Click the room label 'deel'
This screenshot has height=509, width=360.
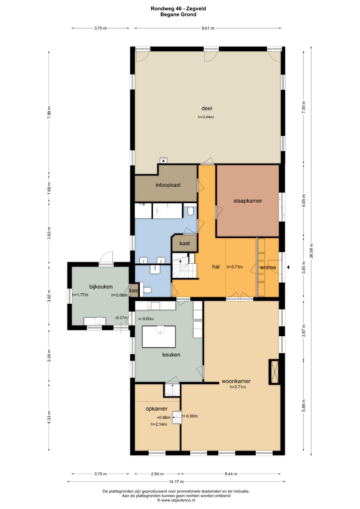click(x=207, y=108)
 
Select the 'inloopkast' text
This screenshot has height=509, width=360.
click(x=168, y=185)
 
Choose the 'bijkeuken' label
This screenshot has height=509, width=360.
click(x=101, y=287)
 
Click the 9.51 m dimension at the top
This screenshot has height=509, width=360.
click(x=208, y=28)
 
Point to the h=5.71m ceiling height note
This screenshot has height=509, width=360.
click(x=234, y=267)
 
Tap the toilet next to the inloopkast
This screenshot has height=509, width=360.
click(x=190, y=210)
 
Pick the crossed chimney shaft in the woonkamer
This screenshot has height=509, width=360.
click(x=274, y=372)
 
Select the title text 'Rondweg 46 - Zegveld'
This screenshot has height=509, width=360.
click(x=178, y=9)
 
